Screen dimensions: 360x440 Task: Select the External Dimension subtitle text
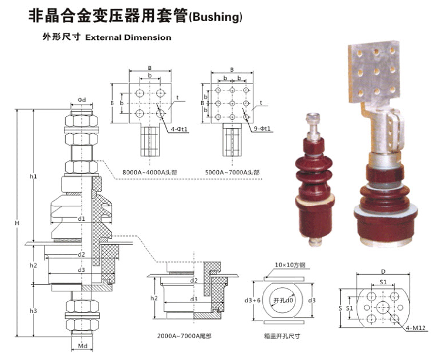pyautogui.click(x=128, y=38)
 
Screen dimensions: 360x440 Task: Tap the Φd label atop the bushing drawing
pyautogui.click(x=82, y=100)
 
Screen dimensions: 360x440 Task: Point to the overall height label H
pyautogui.click(x=18, y=224)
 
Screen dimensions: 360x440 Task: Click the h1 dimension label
pyautogui.click(x=33, y=176)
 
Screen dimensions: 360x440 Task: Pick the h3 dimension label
pyautogui.click(x=33, y=310)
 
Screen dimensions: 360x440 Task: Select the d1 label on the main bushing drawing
pyautogui.click(x=82, y=218)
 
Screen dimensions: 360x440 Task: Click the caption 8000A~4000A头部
pyautogui.click(x=148, y=171)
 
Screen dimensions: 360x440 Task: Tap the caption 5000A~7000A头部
pyautogui.click(x=235, y=171)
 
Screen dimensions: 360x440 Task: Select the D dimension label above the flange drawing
pyautogui.click(x=383, y=271)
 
